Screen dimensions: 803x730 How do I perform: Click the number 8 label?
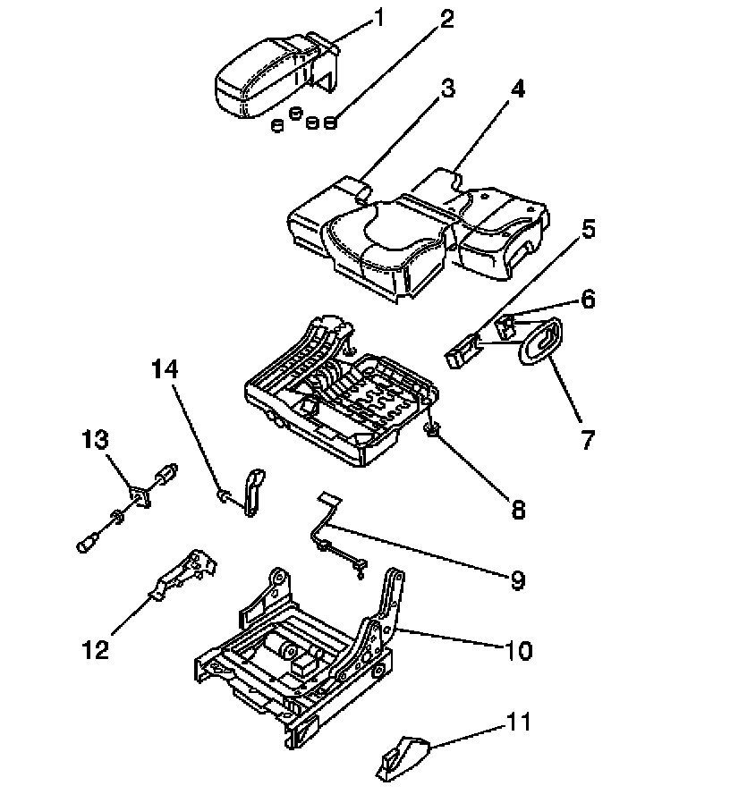(517, 509)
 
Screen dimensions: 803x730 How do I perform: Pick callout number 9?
(517, 580)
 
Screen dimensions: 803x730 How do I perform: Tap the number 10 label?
(518, 651)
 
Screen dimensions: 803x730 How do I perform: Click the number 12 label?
(96, 648)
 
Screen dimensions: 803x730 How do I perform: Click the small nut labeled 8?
(432, 433)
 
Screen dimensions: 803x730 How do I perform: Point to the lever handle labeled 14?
(253, 491)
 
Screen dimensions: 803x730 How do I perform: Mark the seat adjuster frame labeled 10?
(295, 653)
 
